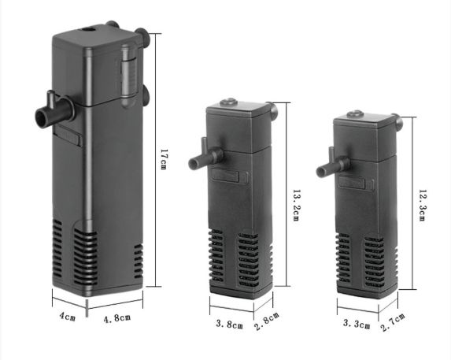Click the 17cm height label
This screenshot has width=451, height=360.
(x=163, y=159)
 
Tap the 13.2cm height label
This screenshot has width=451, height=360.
(x=296, y=205)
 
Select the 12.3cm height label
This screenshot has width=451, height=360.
(x=422, y=205)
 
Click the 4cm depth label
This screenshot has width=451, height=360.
(x=68, y=316)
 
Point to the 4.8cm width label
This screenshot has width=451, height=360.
(x=117, y=318)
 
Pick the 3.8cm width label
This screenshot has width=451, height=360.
(x=230, y=324)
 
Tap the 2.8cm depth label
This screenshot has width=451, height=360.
(x=267, y=321)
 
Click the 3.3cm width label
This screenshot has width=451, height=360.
(x=357, y=324)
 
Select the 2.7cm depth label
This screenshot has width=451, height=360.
(x=393, y=322)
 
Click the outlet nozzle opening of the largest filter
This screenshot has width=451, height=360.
(x=41, y=117)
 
